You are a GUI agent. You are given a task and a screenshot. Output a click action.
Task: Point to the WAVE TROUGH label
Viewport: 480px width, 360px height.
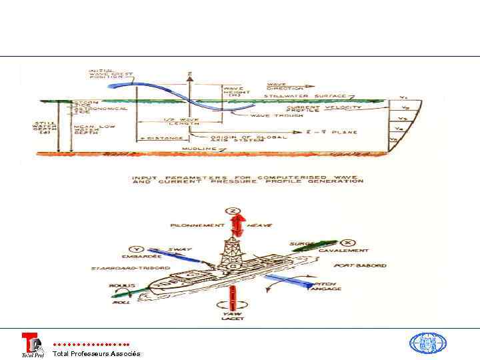269,116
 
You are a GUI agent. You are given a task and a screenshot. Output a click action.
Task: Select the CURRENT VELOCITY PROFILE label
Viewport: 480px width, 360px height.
324,109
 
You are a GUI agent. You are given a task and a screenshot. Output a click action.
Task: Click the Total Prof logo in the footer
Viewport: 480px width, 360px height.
32,345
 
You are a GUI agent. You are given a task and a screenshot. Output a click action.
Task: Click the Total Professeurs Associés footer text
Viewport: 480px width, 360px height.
96,353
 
